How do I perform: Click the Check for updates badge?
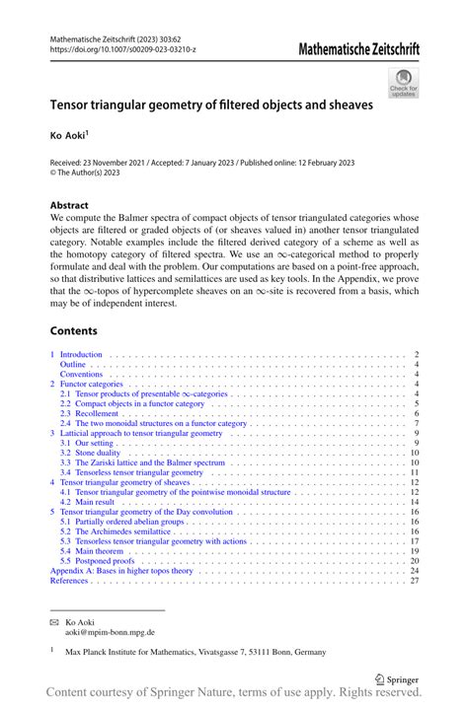(x=403, y=83)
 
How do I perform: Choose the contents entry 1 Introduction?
(x=82, y=354)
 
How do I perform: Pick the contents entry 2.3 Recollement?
(x=93, y=414)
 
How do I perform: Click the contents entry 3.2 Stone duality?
(x=94, y=453)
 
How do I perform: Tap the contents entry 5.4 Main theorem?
(x=96, y=551)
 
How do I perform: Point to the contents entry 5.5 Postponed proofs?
(x=100, y=561)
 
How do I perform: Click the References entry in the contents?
(x=71, y=581)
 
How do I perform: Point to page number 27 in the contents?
(x=415, y=581)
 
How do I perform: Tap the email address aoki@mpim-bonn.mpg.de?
(x=110, y=633)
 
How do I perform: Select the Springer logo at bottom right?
(x=399, y=679)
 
